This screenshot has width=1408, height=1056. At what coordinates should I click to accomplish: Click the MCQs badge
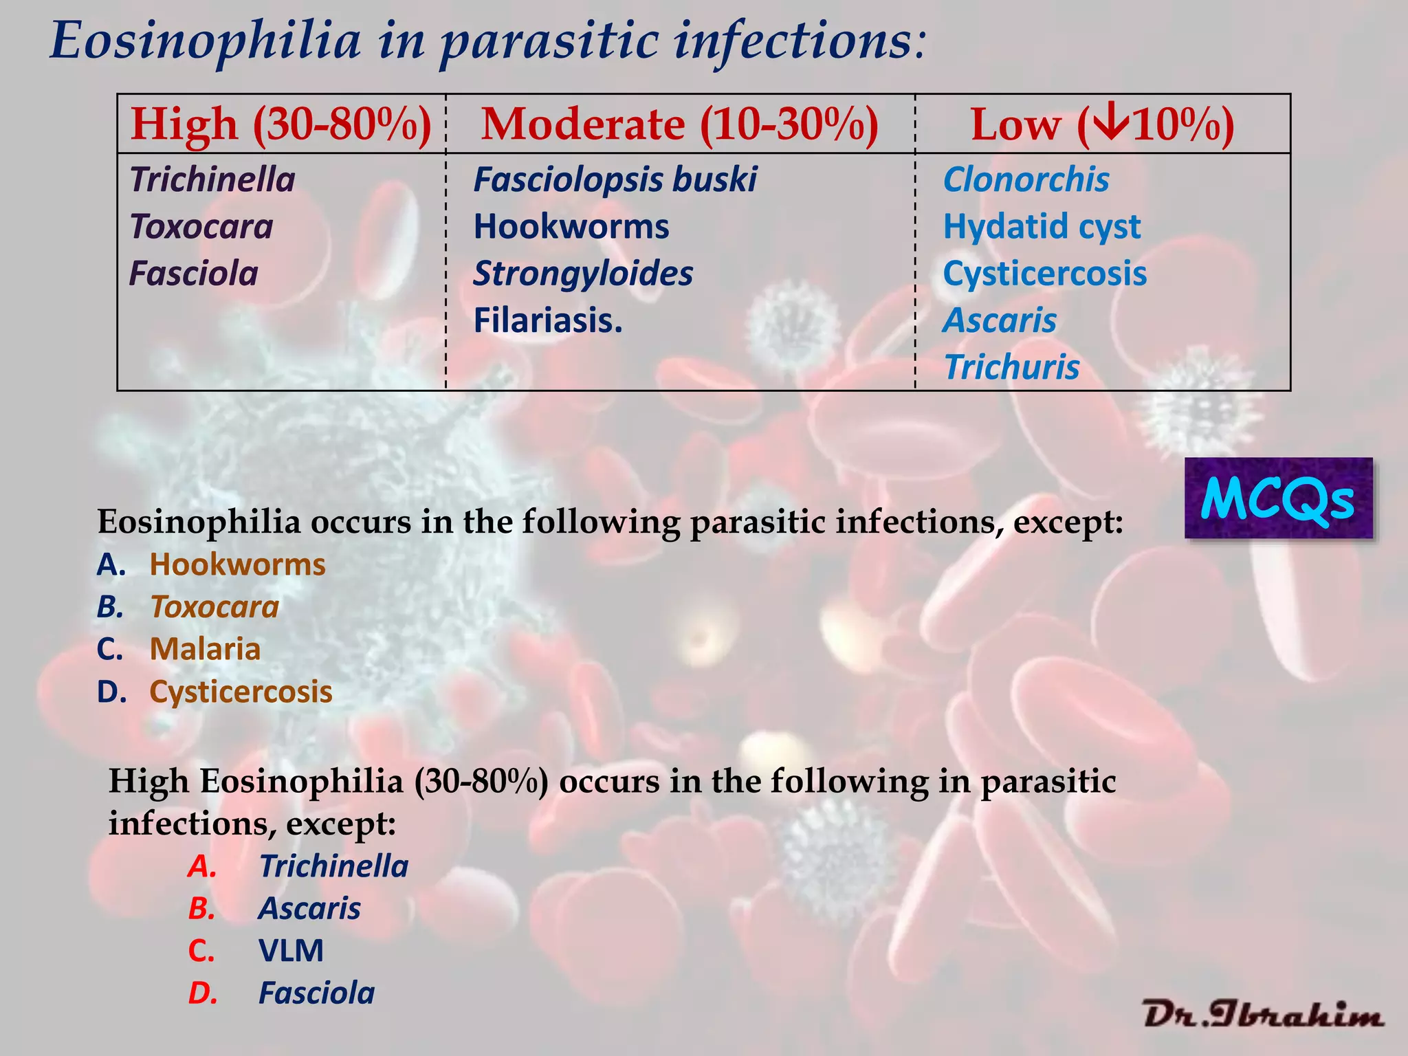(x=1278, y=498)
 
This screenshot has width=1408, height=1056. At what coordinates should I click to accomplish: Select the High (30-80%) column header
(x=281, y=124)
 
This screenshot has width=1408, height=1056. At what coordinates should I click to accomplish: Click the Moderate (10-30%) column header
(x=679, y=124)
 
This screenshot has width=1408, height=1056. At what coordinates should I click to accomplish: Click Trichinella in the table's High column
(x=212, y=180)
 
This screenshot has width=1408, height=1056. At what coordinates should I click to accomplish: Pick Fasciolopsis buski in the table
(x=615, y=180)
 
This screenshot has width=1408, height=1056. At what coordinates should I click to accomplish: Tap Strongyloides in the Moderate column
(x=583, y=274)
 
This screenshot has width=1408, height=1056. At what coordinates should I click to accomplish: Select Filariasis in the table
(x=548, y=320)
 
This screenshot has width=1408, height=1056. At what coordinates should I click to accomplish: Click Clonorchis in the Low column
(x=1026, y=180)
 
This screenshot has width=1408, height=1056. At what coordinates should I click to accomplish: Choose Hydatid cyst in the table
(x=1042, y=227)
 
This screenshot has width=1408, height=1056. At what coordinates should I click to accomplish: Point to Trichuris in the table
(x=1011, y=367)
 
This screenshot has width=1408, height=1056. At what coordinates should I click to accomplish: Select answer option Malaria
(x=205, y=649)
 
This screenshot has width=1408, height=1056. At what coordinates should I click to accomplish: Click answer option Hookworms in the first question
(x=237, y=565)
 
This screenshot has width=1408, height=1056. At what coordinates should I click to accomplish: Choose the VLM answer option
(x=291, y=951)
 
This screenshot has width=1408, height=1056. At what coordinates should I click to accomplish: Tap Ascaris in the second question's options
(x=309, y=909)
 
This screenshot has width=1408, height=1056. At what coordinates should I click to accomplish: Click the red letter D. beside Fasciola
(x=203, y=993)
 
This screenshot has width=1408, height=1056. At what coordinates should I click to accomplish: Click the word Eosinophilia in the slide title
(x=206, y=41)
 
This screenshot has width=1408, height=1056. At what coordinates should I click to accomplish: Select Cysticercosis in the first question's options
(x=241, y=692)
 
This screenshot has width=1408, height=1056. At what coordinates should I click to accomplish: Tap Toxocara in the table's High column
(x=201, y=227)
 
